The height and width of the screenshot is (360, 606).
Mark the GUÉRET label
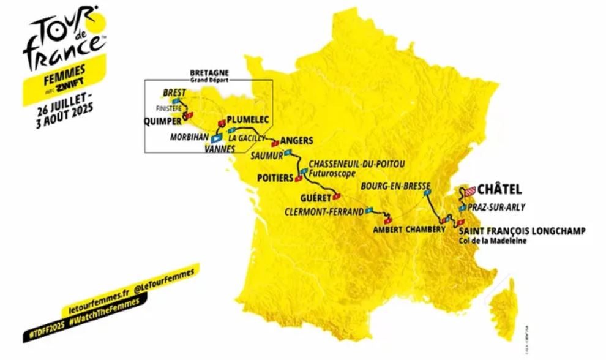(x=315, y=198)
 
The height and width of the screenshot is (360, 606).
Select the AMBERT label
(x=386, y=230)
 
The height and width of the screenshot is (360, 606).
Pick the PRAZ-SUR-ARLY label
(x=496, y=208)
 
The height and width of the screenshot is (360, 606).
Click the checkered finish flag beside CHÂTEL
(x=469, y=191)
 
